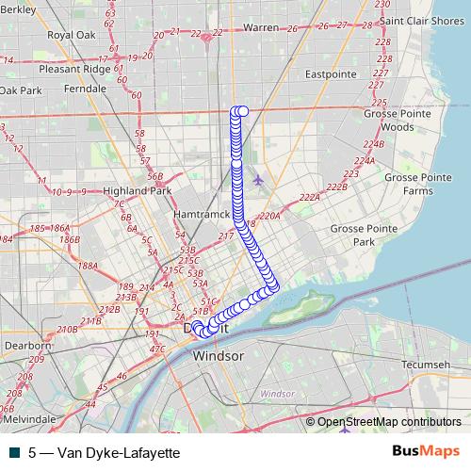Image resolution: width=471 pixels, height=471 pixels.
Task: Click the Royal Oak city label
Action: [x=73, y=35]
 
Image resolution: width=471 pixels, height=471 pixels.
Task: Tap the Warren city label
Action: [x=261, y=28]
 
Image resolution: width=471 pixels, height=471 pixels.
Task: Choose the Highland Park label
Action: [x=138, y=190]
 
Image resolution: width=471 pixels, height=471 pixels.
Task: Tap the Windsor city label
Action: [x=218, y=358]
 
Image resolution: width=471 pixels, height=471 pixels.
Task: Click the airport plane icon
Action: [x=257, y=179]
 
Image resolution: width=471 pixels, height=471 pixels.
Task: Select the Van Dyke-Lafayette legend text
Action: [x=104, y=452]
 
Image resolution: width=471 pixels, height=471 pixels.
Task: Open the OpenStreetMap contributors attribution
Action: [x=389, y=422]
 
